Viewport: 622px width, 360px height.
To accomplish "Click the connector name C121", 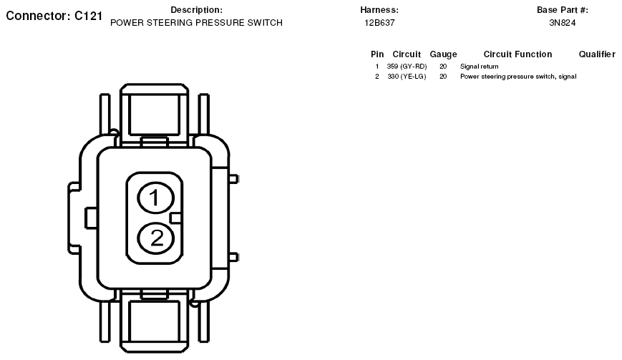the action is tap(89, 16).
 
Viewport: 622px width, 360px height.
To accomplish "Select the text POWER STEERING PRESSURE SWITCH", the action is tap(196, 23).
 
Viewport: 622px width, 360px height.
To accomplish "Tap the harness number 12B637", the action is tap(379, 23).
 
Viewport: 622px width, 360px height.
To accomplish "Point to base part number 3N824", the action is tap(563, 23).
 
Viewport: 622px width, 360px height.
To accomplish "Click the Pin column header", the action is tap(377, 54).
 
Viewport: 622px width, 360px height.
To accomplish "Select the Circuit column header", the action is tap(407, 54).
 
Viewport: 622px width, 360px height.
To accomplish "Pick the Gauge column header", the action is tap(444, 54).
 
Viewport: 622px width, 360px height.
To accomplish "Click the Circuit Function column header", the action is tap(517, 54).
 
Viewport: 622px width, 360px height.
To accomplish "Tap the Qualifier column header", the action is tap(597, 54).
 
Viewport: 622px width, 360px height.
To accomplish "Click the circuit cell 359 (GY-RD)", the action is tap(407, 67).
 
